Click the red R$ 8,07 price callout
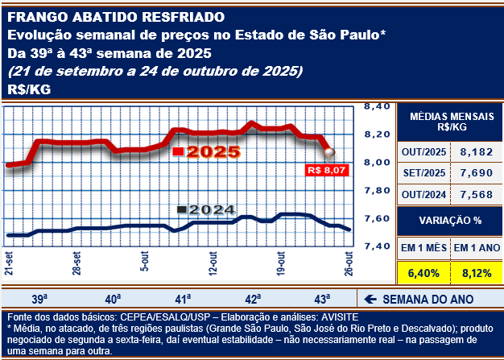tap(326, 171)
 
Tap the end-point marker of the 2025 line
tap(329, 151)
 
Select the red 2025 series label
tap(207, 151)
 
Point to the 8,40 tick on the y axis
tap(377, 106)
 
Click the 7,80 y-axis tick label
tap(377, 190)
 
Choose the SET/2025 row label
tap(422, 172)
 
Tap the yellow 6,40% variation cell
tap(423, 273)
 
